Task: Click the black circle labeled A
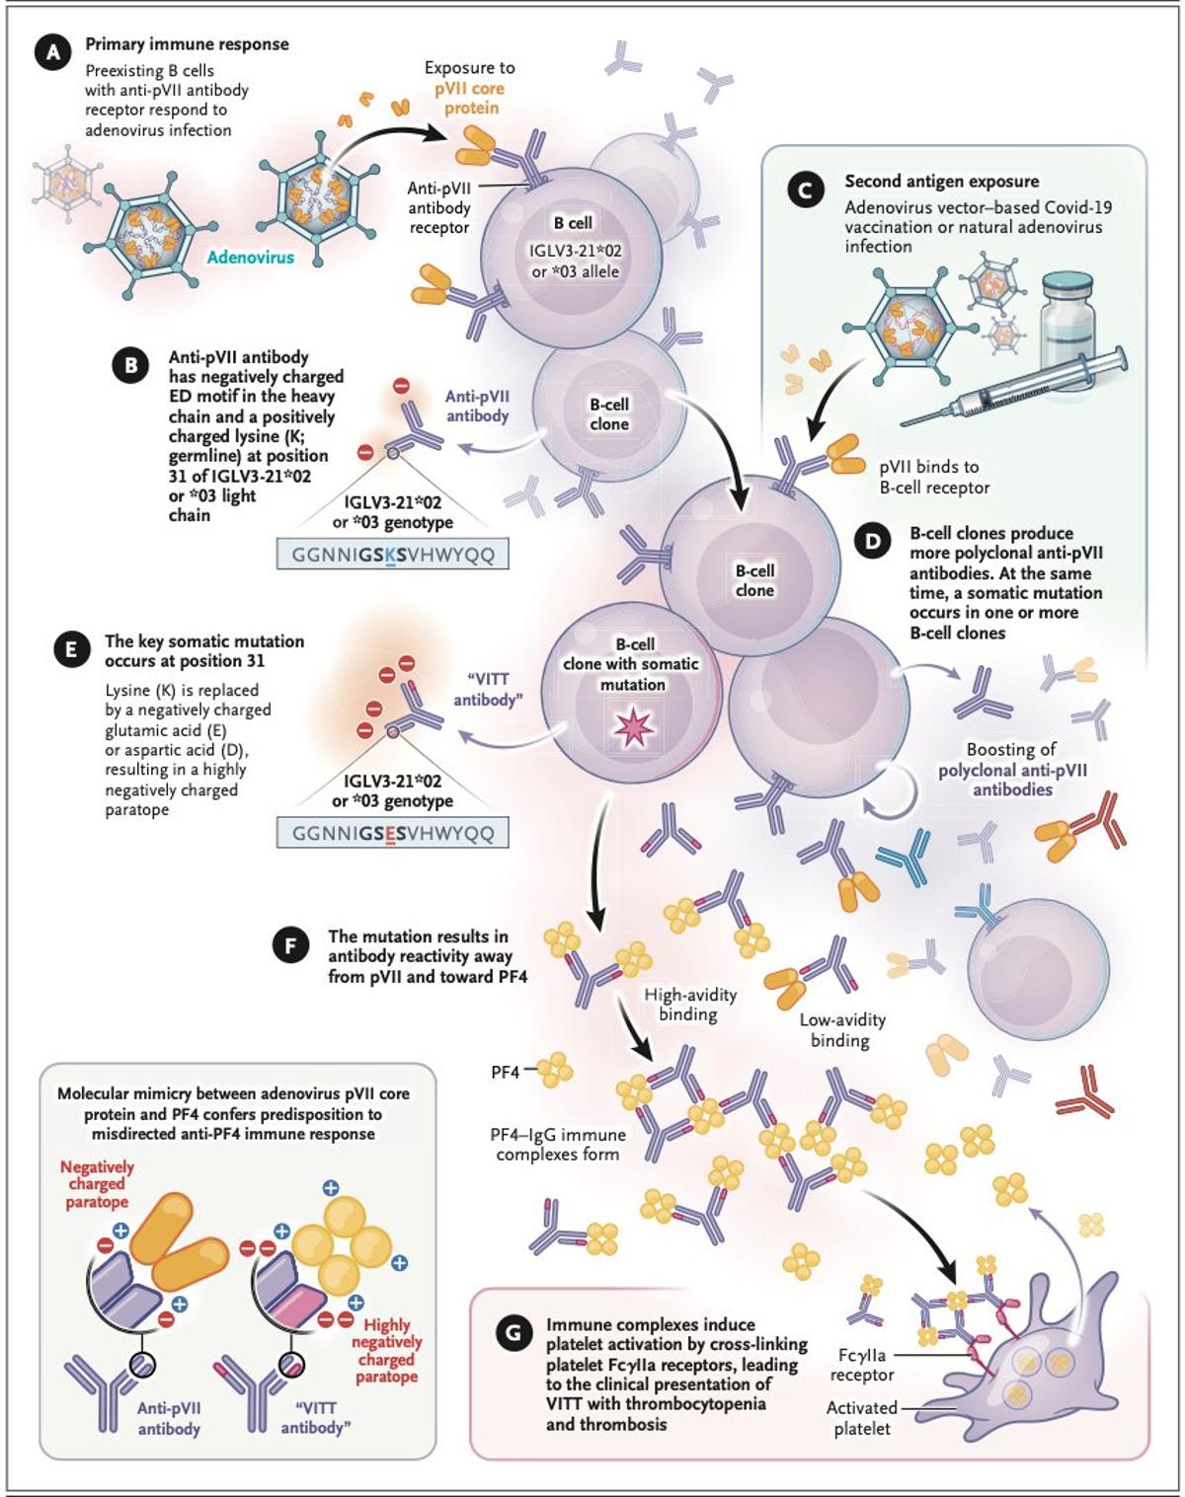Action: click(52, 52)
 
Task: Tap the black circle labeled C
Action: click(806, 189)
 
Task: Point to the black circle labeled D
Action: click(871, 542)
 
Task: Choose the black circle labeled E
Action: click(71, 650)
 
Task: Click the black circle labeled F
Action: click(290, 945)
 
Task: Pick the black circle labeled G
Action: click(513, 1334)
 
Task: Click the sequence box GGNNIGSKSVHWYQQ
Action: click(393, 556)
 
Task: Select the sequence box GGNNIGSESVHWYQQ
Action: click(393, 834)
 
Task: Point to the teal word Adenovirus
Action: click(251, 257)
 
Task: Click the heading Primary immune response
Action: click(187, 44)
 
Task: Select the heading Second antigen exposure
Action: click(941, 182)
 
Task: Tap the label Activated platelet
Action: click(861, 1418)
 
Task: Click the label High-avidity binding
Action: click(689, 1005)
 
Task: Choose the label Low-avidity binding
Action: click(841, 1030)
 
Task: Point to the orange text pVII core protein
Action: click(470, 98)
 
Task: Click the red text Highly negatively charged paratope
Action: click(386, 1351)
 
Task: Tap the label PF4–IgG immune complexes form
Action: click(557, 1145)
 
